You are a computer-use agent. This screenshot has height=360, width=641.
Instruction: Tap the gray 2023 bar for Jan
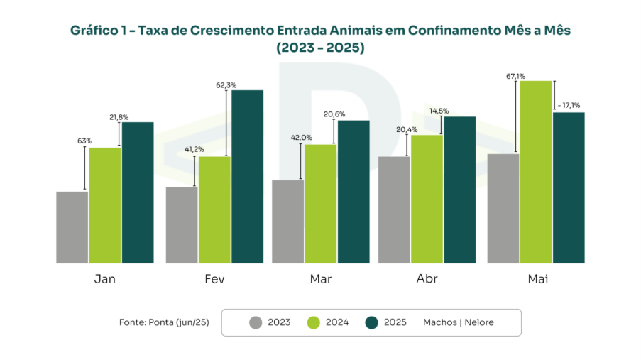pos(72,227)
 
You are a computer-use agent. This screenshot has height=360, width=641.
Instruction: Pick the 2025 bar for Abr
pos(459,190)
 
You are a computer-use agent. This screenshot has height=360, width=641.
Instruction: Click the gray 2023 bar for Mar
pos(287,222)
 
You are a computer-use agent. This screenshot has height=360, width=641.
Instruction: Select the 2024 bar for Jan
pos(104,205)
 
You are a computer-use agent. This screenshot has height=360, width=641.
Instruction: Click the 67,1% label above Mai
pos(515,76)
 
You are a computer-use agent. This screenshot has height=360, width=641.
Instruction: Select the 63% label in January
pos(84,141)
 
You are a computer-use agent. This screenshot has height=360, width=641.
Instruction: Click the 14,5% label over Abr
pos(439,111)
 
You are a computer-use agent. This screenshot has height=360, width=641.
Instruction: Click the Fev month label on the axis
pos(214,279)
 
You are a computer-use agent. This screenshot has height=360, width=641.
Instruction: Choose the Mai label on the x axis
pos(537,279)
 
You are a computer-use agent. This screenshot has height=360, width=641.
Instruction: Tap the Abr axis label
pos(427,279)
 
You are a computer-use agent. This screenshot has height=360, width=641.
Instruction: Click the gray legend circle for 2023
pos(256,322)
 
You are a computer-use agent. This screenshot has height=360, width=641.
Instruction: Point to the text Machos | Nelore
pos(458,322)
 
